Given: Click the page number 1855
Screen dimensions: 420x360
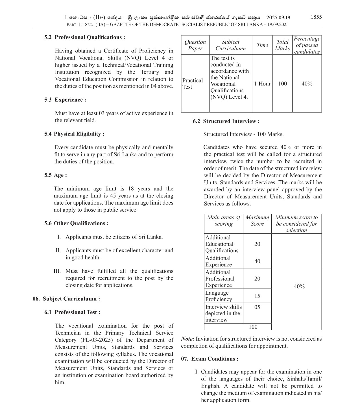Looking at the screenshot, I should (316, 17).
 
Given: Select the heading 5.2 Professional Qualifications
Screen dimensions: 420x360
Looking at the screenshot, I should (84, 37).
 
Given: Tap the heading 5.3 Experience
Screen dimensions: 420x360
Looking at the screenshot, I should (65, 100).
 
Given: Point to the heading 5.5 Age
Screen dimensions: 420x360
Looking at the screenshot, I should (55, 175).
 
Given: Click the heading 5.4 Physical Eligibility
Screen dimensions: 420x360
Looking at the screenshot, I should (74, 134).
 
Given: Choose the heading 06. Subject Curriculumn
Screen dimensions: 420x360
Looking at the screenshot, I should (66, 299).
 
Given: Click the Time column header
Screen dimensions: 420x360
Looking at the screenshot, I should (262, 45).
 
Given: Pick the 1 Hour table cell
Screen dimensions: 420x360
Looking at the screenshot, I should (262, 84).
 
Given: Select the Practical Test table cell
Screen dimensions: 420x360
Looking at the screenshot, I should (193, 84).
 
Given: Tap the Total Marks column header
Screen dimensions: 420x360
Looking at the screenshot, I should (282, 45).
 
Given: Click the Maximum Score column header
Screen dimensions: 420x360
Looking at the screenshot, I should (257, 221).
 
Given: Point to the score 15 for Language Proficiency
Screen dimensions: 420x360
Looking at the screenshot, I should (257, 296).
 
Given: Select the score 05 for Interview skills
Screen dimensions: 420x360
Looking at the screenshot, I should (257, 307).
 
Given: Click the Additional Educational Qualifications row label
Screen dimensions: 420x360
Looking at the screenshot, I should (222, 244).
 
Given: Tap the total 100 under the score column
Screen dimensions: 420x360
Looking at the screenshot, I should (253, 327).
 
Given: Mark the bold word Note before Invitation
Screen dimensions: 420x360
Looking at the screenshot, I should (187, 339).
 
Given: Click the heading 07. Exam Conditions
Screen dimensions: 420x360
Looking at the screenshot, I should (210, 359).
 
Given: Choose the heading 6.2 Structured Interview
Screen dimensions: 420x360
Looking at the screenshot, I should (226, 121).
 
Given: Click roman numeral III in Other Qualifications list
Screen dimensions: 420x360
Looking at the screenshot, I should (57, 271).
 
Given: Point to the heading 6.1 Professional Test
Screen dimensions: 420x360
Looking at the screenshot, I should (72, 312).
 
